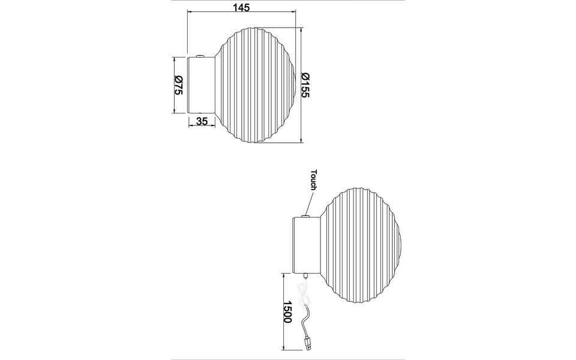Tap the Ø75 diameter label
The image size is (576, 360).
(178, 85)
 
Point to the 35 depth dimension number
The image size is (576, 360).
(202, 122)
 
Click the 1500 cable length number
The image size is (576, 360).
(287, 312)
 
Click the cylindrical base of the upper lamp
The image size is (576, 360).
(201, 85)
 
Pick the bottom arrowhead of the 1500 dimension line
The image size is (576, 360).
(283, 350)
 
